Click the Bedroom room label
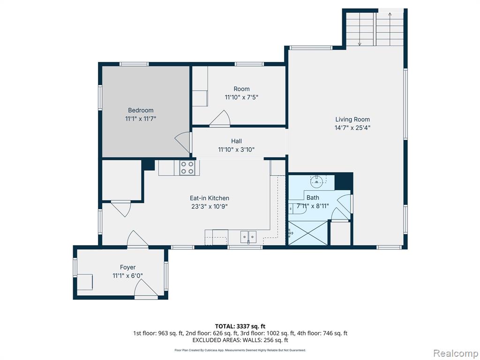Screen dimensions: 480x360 141,110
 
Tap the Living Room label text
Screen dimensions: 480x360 352,120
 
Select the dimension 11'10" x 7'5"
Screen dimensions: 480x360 241,97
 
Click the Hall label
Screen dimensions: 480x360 236,141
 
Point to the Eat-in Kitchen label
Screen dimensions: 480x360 210,198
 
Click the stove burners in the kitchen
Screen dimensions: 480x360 187,168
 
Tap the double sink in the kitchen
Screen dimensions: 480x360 248,237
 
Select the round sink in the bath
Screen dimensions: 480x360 316,181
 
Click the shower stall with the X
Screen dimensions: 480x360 308,233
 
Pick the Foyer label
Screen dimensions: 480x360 127,267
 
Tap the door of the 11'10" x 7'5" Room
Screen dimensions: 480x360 220,118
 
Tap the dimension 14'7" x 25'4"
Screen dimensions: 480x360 352,127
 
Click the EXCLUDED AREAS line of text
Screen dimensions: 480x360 240,340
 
